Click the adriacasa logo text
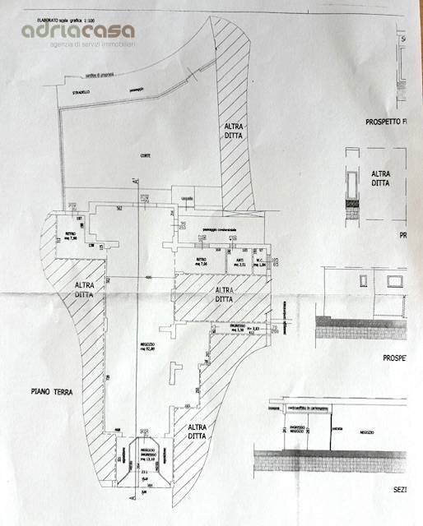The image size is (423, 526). click(x=78, y=30)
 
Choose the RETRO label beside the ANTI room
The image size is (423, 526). click(x=201, y=262)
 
